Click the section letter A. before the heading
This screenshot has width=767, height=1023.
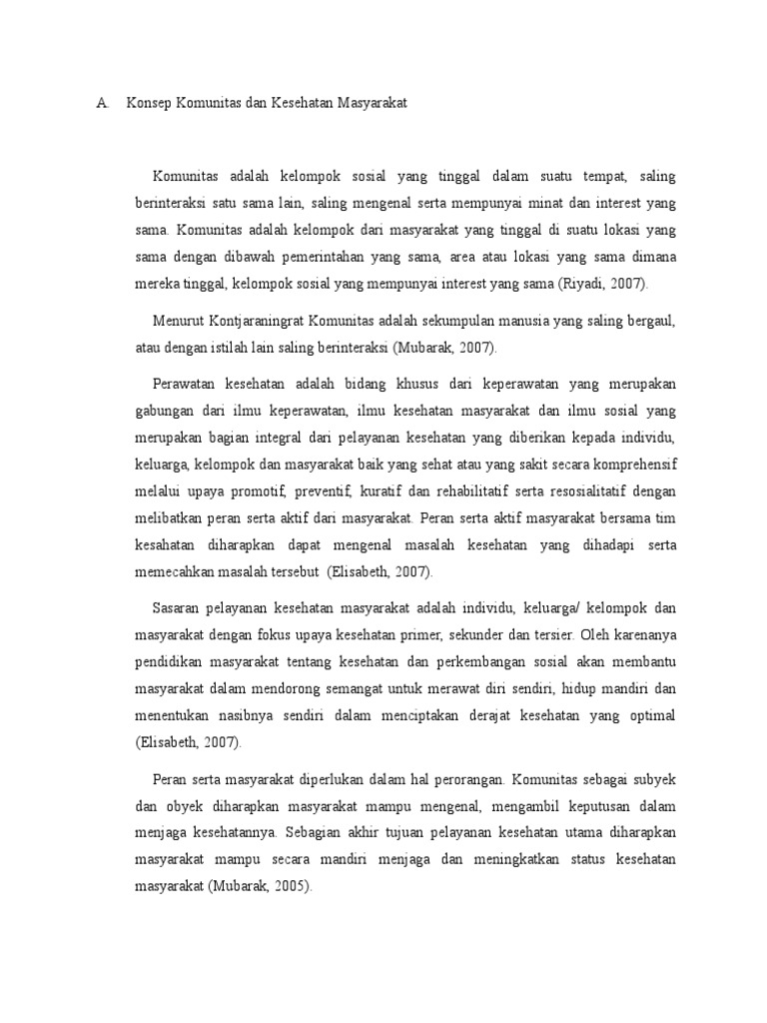[x=101, y=103]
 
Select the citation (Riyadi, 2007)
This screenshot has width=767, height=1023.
[x=602, y=284]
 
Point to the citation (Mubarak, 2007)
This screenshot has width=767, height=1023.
[x=444, y=348]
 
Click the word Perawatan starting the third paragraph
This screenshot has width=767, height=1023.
[x=185, y=385]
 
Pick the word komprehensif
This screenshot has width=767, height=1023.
[x=626, y=465]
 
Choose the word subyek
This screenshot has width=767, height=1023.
[x=653, y=778]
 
